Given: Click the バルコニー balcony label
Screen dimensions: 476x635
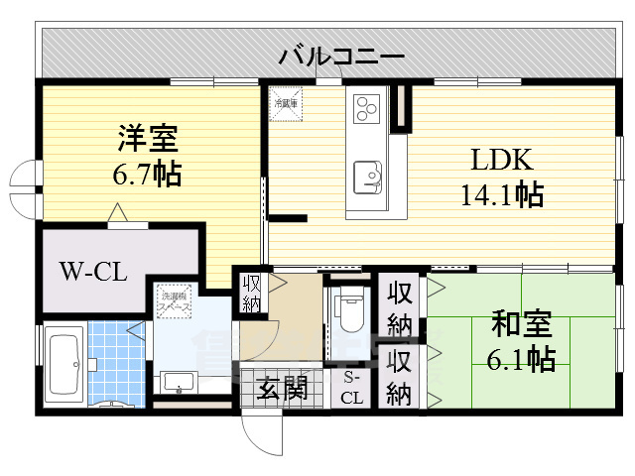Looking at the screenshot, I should click(340, 56).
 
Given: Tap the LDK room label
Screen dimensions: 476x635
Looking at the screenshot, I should click(502, 161).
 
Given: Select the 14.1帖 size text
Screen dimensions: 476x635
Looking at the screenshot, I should click(501, 194).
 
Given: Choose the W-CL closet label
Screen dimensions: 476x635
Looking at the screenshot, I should click(92, 271).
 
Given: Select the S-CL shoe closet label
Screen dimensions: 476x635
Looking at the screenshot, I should click(352, 388).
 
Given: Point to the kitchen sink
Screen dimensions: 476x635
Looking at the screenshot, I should click(369, 177).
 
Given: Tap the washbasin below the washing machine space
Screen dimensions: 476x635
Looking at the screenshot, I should click(179, 381).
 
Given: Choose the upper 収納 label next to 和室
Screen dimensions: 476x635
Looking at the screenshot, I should click(400, 308).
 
